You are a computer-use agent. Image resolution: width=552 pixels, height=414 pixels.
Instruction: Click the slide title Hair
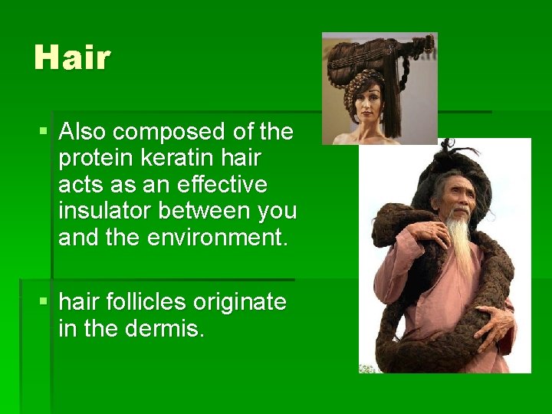point(72,58)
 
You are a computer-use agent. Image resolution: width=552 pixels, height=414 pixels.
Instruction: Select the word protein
point(96,159)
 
